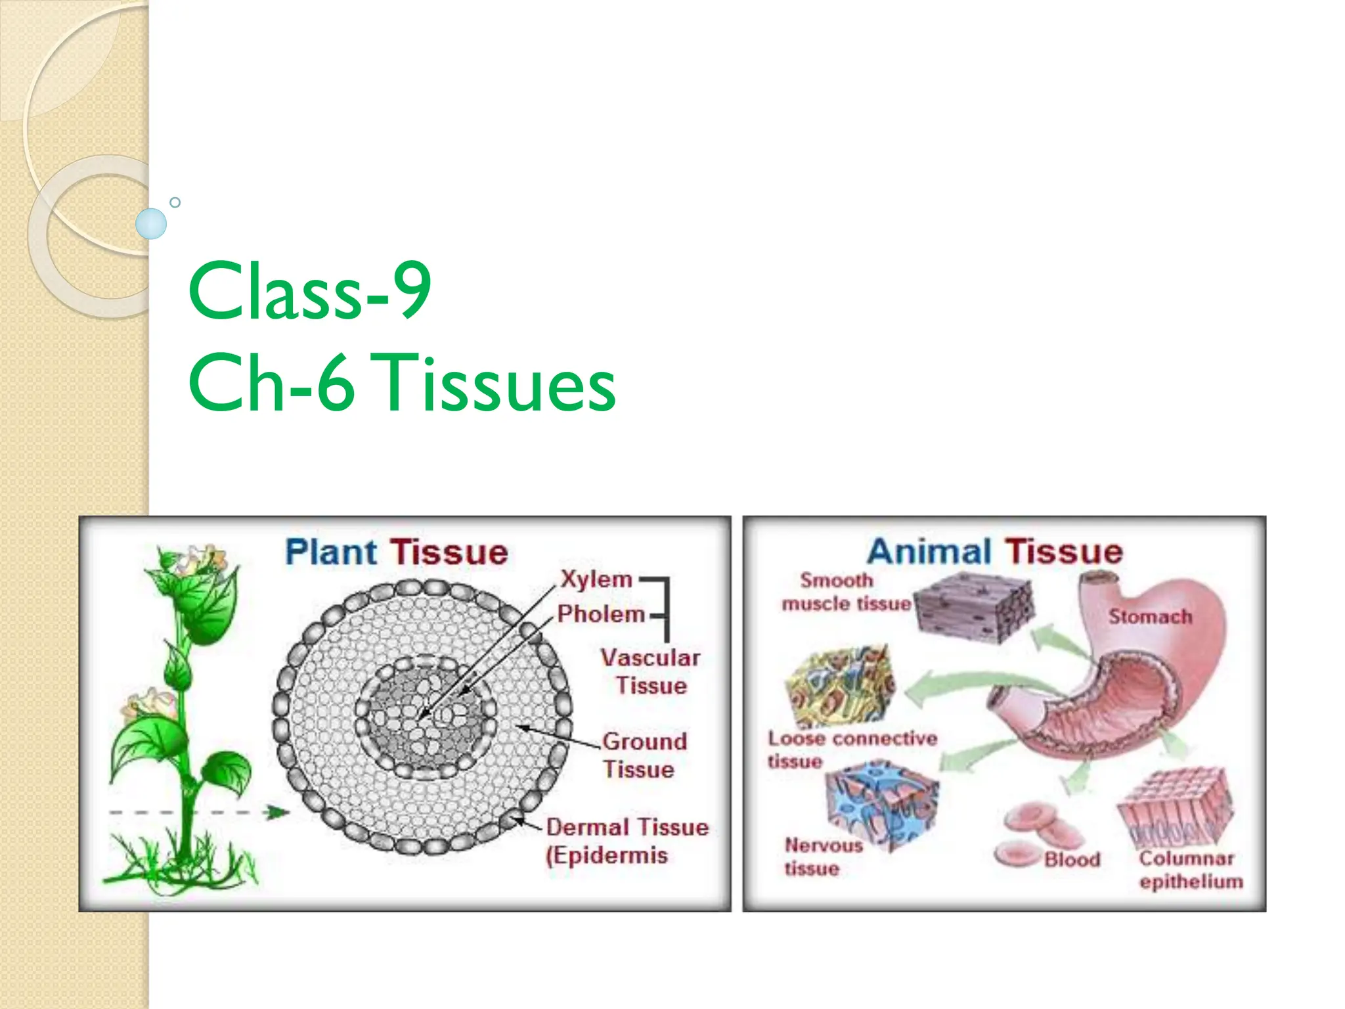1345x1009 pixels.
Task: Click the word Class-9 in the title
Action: pyautogui.click(x=309, y=290)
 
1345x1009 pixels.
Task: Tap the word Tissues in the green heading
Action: pyautogui.click(x=497, y=383)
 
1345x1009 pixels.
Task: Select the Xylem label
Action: pyautogui.click(x=596, y=579)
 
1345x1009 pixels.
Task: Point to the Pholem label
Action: pyautogui.click(x=600, y=614)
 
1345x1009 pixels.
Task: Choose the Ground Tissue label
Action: pyautogui.click(x=644, y=755)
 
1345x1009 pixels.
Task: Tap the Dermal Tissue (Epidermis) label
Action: pyautogui.click(x=627, y=841)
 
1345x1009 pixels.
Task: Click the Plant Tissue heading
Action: pyautogui.click(x=397, y=552)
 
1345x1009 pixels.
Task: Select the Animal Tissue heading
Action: pyautogui.click(x=995, y=552)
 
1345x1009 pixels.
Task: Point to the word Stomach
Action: pyautogui.click(x=1150, y=617)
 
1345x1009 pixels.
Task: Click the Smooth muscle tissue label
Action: pyautogui.click(x=845, y=592)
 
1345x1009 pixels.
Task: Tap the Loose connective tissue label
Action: pyautogui.click(x=852, y=749)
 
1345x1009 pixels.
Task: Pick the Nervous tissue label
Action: pyautogui.click(x=822, y=856)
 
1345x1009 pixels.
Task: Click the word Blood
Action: pyautogui.click(x=1072, y=859)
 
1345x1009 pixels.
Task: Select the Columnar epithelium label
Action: pyautogui.click(x=1190, y=869)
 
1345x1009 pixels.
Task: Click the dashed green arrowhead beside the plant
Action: pyautogui.click(x=278, y=813)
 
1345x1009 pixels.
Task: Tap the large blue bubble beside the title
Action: pyautogui.click(x=151, y=223)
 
